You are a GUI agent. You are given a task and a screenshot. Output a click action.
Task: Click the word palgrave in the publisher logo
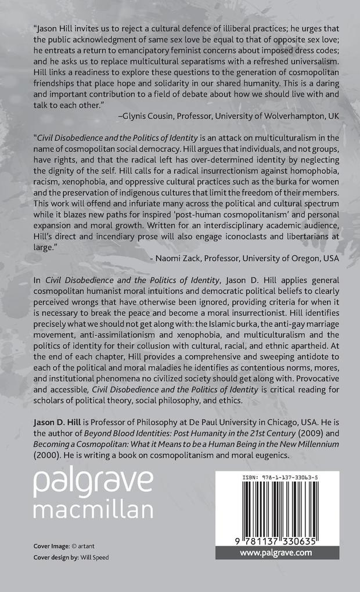click(93, 481)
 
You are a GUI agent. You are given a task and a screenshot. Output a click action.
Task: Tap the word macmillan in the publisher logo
click(93, 509)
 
